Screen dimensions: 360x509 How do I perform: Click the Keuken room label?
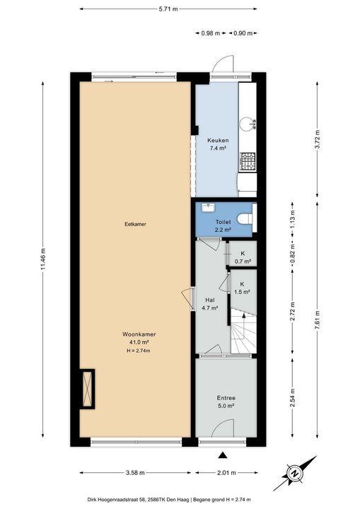tap(218, 141)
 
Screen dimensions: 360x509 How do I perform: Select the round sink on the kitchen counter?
tap(247, 124)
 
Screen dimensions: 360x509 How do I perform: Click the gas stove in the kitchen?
tap(248, 162)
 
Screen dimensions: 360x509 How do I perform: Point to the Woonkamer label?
tap(139, 334)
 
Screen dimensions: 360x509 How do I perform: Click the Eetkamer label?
tap(136, 224)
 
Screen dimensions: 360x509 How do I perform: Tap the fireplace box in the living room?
tap(87, 389)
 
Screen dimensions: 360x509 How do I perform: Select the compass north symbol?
tap(295, 473)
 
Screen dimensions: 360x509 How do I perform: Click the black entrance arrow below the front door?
tap(223, 455)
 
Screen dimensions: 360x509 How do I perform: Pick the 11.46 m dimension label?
tap(43, 259)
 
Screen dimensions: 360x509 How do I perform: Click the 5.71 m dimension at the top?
tap(168, 9)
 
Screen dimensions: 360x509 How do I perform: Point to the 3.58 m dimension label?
tap(135, 473)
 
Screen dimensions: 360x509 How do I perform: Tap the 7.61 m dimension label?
tap(318, 321)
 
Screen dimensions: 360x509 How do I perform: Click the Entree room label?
tap(226, 398)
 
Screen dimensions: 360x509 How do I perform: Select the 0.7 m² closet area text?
tap(243, 262)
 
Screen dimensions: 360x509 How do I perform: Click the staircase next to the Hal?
tap(243, 331)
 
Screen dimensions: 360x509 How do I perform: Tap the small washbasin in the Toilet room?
tap(208, 207)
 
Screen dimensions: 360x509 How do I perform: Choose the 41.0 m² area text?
tap(139, 342)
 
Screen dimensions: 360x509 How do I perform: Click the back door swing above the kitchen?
tap(223, 64)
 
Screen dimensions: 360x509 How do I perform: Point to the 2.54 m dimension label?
tap(292, 397)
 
